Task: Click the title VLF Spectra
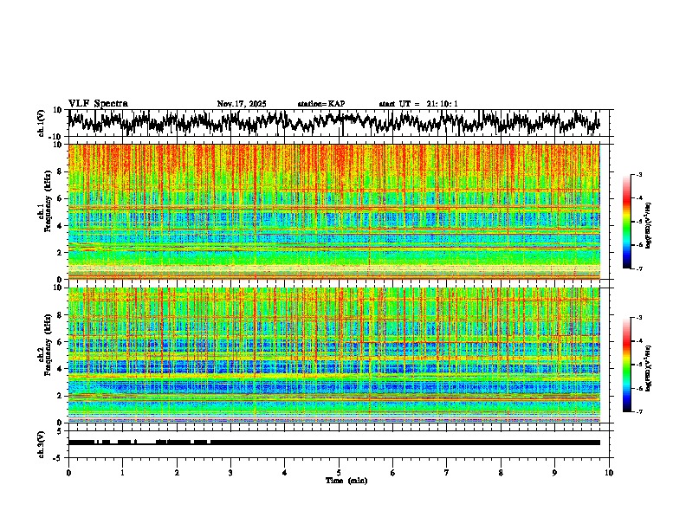(98, 104)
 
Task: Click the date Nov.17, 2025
(242, 104)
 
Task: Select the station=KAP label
(321, 104)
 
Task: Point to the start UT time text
(418, 104)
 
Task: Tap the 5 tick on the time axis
(339, 472)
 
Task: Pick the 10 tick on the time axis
(609, 472)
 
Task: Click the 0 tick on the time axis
(68, 472)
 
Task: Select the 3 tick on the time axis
(230, 472)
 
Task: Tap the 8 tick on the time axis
(501, 472)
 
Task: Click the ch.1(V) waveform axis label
(42, 124)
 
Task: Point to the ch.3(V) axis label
(42, 443)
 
